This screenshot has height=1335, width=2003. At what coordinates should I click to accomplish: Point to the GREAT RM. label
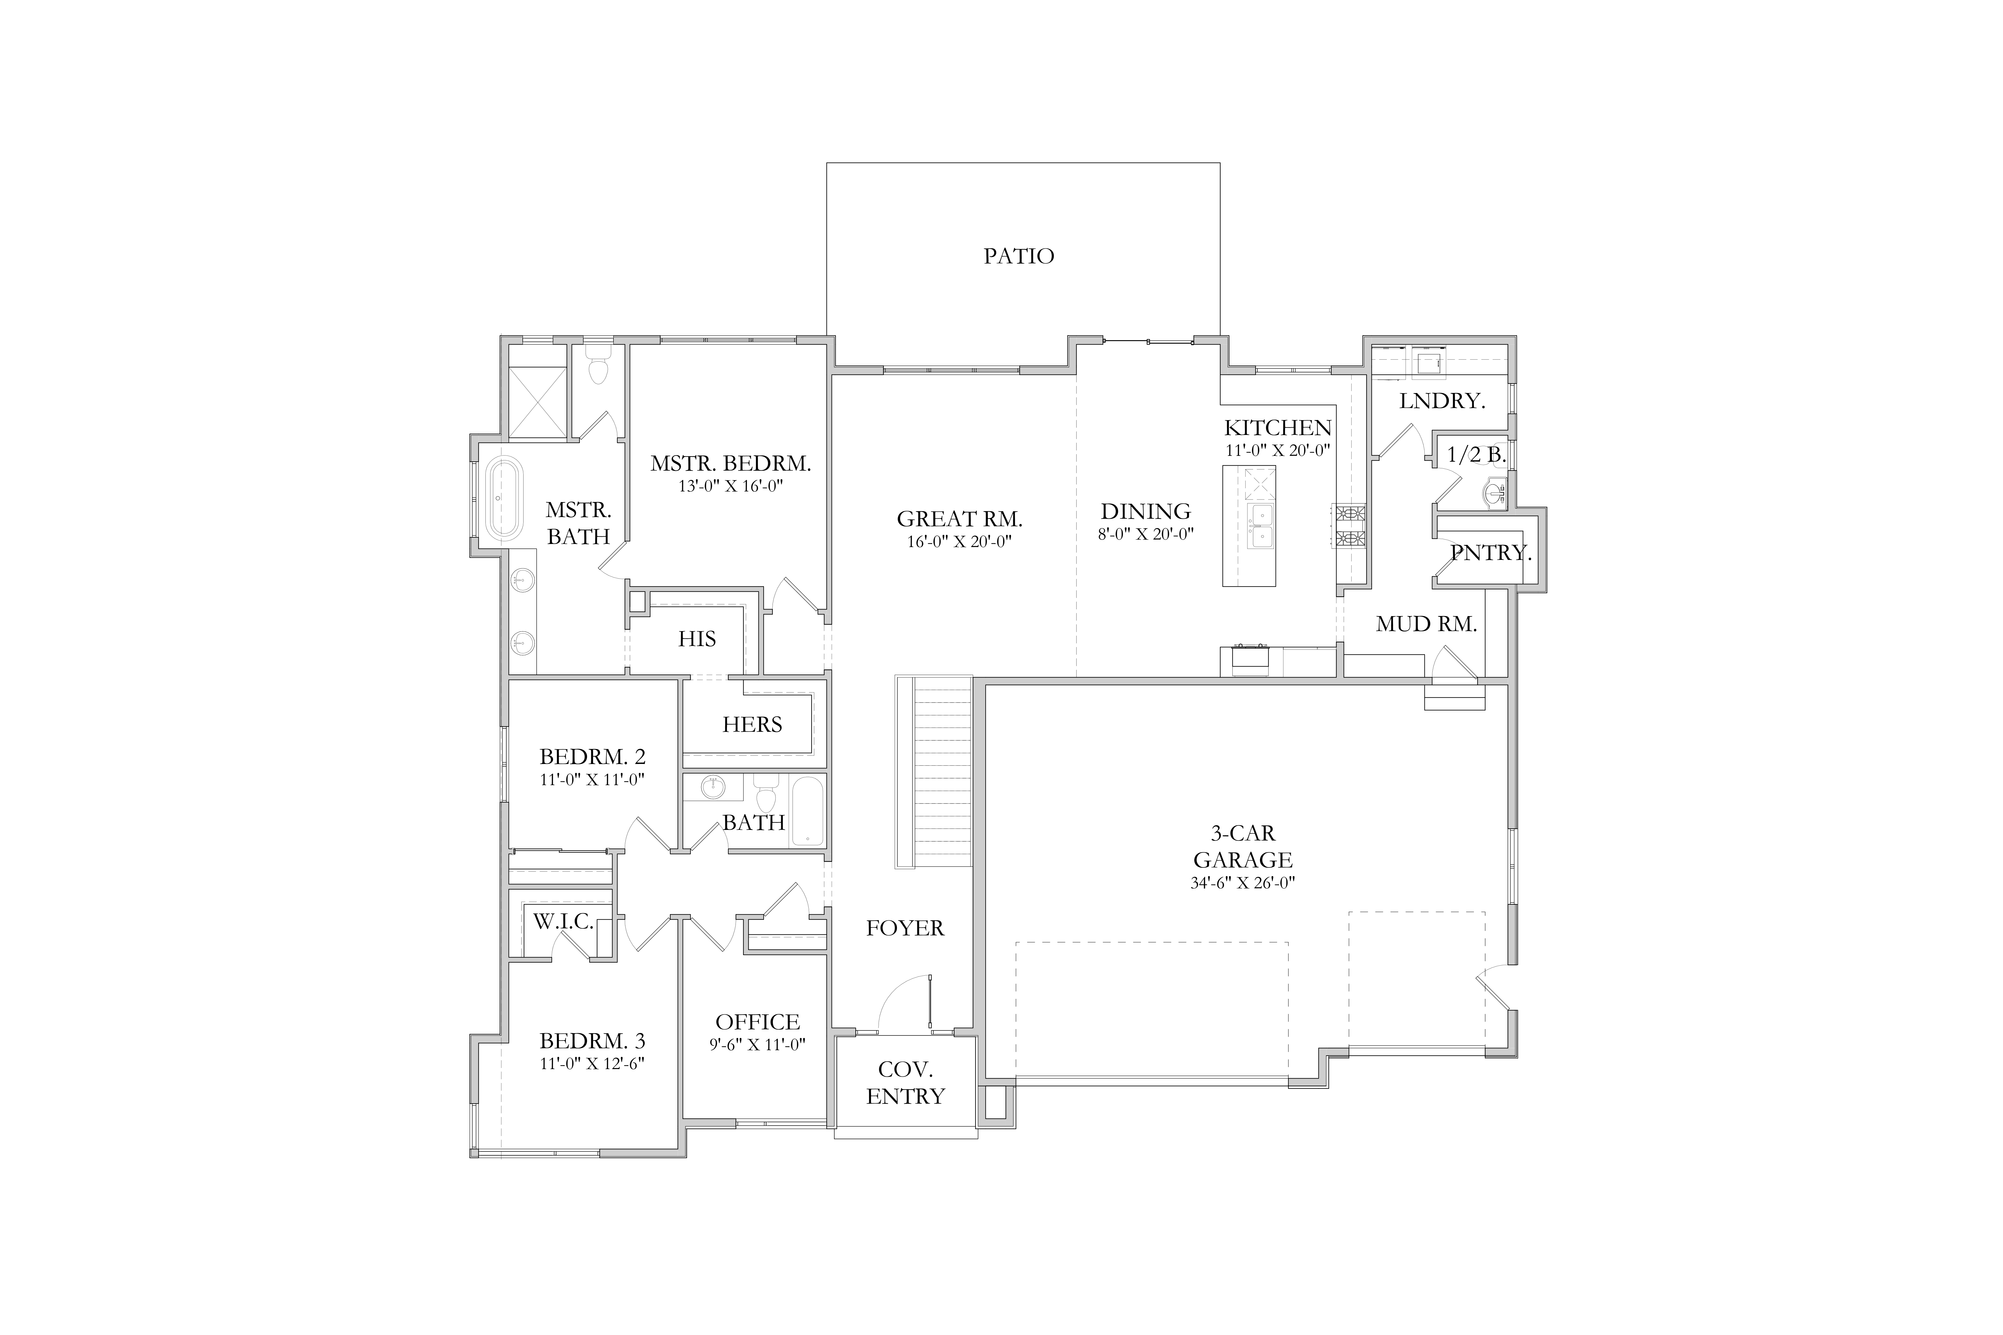point(960,518)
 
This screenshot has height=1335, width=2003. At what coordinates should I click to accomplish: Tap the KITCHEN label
point(1277,427)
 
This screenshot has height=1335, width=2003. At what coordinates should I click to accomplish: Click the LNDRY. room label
point(1442,401)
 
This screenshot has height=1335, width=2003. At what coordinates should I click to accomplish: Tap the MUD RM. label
point(1427,624)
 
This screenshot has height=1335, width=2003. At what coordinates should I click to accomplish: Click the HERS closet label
point(752,725)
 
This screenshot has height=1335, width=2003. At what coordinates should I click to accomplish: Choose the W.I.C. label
point(563,921)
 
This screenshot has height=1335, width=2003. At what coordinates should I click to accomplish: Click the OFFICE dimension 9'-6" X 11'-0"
point(757,1045)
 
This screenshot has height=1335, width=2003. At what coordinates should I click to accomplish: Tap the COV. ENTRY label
point(905,1083)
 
